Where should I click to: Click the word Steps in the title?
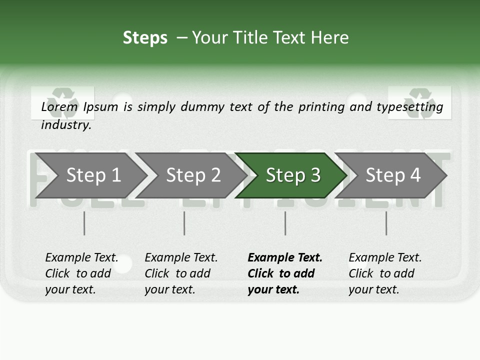coord(145,38)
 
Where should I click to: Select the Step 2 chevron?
coord(193,175)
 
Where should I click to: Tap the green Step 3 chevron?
coord(293,175)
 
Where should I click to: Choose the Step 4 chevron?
coord(393,175)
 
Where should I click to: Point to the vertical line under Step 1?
coord(84,223)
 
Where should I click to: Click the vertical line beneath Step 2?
coord(184,223)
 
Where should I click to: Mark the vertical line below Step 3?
coord(285,223)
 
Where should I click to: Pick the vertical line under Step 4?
coord(386,223)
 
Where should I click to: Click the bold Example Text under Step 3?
coord(285,273)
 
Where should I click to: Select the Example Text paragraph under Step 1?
coord(81,273)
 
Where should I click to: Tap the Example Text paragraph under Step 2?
coord(181,273)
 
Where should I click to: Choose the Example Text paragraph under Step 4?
coord(385,273)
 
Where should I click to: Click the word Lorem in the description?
coord(59,107)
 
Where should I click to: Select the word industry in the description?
coord(65,125)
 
